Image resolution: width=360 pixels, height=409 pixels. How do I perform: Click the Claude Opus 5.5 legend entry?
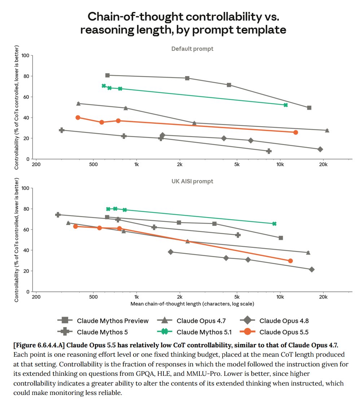274,332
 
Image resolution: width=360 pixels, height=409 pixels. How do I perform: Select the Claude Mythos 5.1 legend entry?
194,332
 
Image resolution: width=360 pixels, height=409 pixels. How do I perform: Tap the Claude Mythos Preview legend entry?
103,321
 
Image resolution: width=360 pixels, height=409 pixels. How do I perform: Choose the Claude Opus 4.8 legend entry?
274,321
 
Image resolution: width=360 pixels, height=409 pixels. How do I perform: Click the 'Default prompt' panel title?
192,49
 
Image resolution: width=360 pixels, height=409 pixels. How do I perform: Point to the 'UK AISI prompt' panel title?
192,181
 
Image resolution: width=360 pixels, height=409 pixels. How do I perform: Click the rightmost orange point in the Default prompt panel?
295,132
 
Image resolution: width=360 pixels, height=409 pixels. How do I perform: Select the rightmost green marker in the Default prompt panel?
286,105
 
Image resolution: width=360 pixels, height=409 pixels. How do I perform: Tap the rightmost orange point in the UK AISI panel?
290,261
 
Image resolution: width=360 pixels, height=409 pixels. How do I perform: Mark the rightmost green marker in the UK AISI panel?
274,224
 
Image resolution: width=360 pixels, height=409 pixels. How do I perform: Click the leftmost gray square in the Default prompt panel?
107,75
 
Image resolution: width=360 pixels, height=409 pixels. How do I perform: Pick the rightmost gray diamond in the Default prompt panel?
320,149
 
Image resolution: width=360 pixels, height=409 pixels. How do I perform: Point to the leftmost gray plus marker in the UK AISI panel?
58,215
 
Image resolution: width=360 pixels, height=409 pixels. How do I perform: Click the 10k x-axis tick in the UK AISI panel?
280,297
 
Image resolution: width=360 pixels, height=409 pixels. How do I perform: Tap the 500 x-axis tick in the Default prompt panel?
93,164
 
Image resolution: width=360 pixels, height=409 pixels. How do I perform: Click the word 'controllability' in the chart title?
224,17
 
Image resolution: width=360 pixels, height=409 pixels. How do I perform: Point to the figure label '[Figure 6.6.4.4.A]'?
39,345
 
